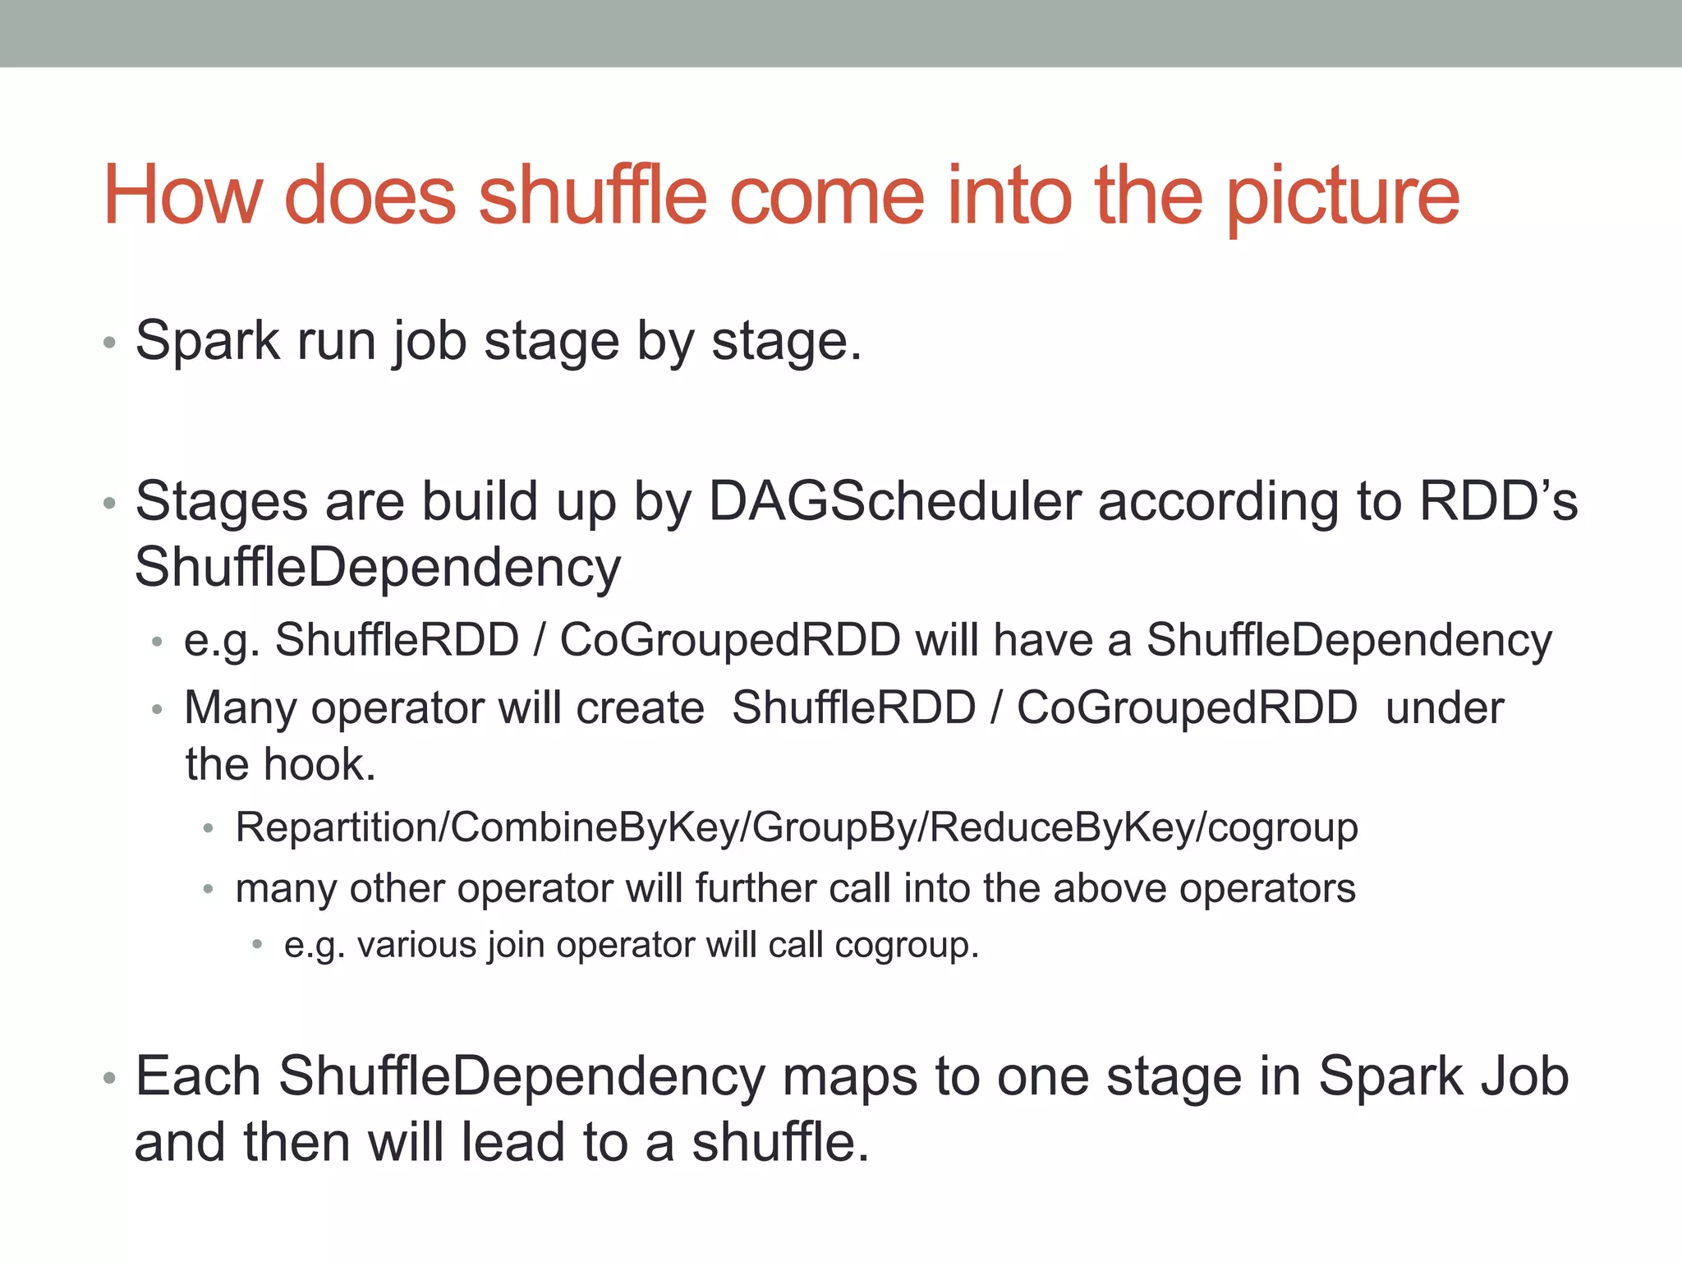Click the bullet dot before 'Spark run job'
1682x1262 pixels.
click(109, 343)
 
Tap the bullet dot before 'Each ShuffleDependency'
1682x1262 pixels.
click(109, 1078)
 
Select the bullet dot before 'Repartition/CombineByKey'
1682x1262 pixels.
click(209, 828)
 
